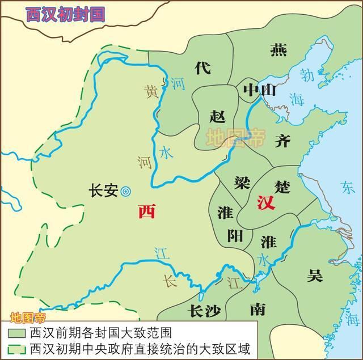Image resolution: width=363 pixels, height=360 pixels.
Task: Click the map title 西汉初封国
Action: pyautogui.click(x=66, y=14)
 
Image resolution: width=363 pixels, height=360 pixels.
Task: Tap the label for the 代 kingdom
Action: pyautogui.click(x=202, y=67)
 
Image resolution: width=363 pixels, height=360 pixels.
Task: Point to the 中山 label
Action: pyautogui.click(x=259, y=90)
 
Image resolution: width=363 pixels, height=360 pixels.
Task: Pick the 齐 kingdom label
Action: pyautogui.click(x=282, y=141)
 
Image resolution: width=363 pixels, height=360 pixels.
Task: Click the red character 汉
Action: pyautogui.click(x=265, y=202)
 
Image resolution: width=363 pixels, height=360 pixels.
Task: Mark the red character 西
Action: pyautogui.click(x=146, y=212)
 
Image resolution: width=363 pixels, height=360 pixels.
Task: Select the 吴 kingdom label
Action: pyautogui.click(x=315, y=276)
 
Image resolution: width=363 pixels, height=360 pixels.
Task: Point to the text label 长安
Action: pyautogui.click(x=103, y=191)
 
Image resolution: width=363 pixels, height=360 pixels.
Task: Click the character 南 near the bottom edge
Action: pyautogui.click(x=257, y=308)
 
